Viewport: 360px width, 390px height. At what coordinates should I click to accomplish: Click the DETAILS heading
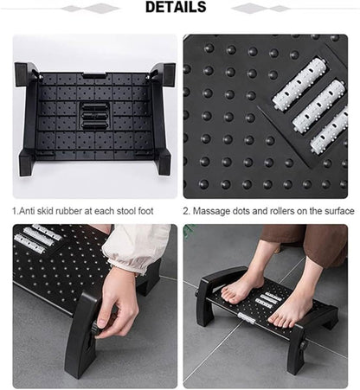[175, 8]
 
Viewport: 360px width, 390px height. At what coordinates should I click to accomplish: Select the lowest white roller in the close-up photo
[330, 131]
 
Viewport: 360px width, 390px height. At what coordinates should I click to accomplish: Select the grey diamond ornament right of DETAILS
[260, 9]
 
